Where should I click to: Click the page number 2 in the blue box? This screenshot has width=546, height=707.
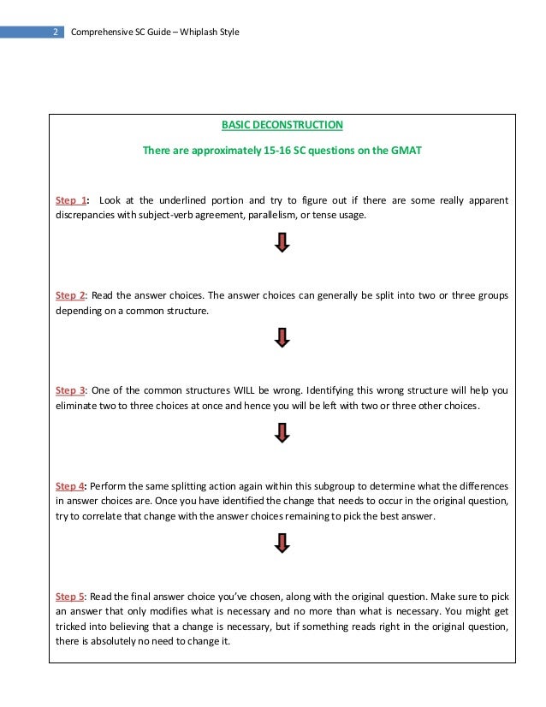point(54,33)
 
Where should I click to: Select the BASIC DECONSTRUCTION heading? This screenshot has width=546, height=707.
point(282,125)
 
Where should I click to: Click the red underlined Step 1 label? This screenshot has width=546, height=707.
point(71,200)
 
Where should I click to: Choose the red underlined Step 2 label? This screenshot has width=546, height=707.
point(71,295)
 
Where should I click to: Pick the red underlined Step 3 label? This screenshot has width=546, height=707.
point(71,390)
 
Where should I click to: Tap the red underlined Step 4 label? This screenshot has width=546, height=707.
point(71,485)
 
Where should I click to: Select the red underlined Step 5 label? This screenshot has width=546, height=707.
point(71,596)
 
